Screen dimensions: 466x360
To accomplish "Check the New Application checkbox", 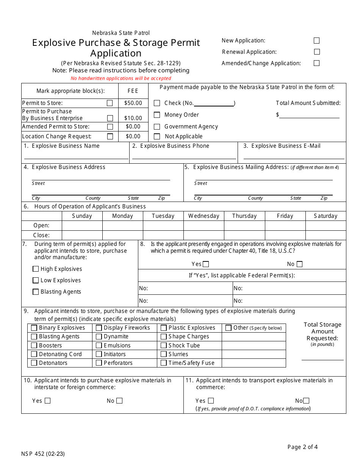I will pyautogui.click(x=316, y=41).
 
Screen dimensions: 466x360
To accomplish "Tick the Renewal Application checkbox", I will pyautogui.click(x=316, y=52).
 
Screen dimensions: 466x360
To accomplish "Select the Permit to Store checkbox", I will pyautogui.click(x=110, y=103).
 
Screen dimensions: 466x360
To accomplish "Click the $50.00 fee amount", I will pyautogui.click(x=133, y=103).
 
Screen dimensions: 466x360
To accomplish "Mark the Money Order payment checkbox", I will pyautogui.click(x=157, y=115).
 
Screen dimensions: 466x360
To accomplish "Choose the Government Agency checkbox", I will pyautogui.click(x=157, y=127).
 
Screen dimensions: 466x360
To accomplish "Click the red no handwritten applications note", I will pyautogui.click(x=121, y=78).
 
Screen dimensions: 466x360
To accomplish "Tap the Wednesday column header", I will pyautogui.click(x=203, y=216).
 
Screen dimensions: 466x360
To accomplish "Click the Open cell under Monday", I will pyautogui.click(x=122, y=225).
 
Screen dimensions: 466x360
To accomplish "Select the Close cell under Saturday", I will pyautogui.click(x=325, y=235).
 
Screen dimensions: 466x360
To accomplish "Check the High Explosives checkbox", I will pyautogui.click(x=36, y=269).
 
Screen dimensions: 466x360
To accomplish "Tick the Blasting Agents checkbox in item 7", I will pyautogui.click(x=36, y=292).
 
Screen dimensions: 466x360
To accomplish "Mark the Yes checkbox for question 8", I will pyautogui.click(x=206, y=264).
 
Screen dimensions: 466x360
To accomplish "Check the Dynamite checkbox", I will pyautogui.click(x=99, y=336).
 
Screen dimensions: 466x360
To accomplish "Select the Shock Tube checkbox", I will pyautogui.click(x=164, y=346).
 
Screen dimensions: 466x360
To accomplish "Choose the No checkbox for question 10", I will pyautogui.click(x=119, y=401).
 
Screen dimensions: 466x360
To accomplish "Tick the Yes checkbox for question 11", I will pyautogui.click(x=211, y=401).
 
